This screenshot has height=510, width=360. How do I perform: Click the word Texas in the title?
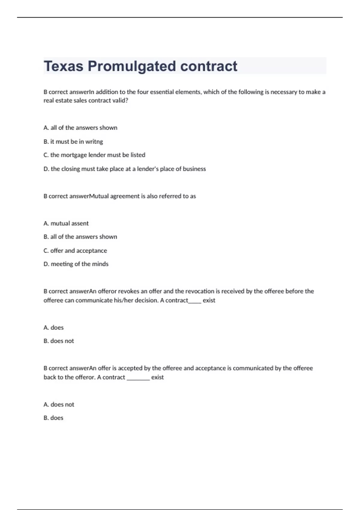pyautogui.click(x=63, y=66)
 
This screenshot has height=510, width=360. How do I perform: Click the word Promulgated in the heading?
pyautogui.click(x=132, y=66)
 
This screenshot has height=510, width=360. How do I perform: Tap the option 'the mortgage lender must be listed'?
pyautogui.click(x=94, y=155)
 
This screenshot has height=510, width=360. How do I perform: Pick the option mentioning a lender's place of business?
pyautogui.click(x=124, y=169)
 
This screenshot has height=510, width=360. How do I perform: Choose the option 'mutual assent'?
pyautogui.click(x=66, y=223)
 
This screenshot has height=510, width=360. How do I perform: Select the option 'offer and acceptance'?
pyautogui.click(x=75, y=250)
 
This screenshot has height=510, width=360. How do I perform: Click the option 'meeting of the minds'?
pyautogui.click(x=76, y=264)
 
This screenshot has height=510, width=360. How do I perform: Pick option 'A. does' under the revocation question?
pyautogui.click(x=53, y=327)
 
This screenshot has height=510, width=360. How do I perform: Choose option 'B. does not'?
pyautogui.click(x=58, y=341)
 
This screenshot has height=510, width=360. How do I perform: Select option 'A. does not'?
pyautogui.click(x=58, y=404)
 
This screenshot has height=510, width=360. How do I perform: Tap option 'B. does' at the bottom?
pyautogui.click(x=53, y=418)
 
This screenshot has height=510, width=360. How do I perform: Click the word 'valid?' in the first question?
pyautogui.click(x=120, y=100)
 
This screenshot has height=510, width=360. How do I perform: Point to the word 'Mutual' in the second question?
pyautogui.click(x=99, y=196)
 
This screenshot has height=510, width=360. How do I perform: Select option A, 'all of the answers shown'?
pyautogui.click(x=80, y=127)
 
